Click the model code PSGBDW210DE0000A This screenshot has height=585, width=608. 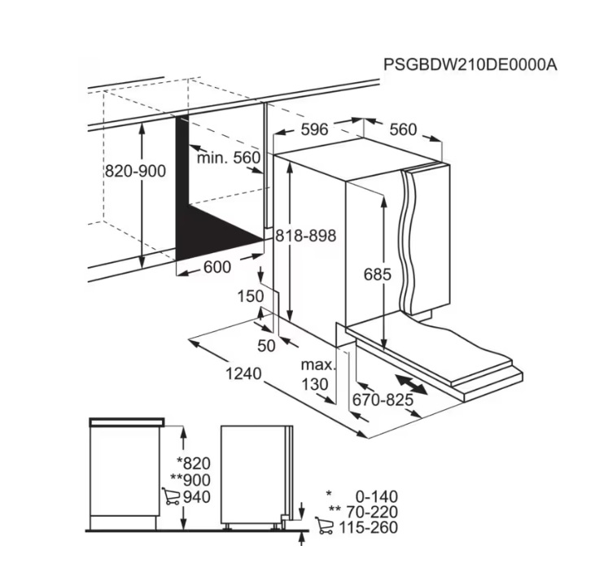(470, 65)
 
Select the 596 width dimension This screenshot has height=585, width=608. (314, 129)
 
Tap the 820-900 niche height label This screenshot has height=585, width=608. (135, 171)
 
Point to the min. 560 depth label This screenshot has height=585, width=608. (229, 158)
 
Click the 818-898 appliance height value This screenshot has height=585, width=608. (305, 235)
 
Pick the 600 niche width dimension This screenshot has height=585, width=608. (217, 267)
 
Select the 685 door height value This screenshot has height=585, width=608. (378, 274)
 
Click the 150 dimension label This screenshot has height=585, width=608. (250, 296)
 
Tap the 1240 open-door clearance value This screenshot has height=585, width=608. (243, 373)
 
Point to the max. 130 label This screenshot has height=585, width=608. (317, 374)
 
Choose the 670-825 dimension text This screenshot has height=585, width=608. (383, 399)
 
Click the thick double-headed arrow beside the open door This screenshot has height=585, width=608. (411, 384)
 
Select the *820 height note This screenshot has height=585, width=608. (194, 463)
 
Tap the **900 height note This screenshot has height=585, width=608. (190, 480)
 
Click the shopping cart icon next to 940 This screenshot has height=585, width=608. (171, 496)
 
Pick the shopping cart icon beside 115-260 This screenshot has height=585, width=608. (324, 526)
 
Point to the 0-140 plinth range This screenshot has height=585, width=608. (377, 496)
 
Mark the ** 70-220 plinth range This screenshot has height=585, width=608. (363, 512)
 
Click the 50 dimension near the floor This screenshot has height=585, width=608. (266, 346)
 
